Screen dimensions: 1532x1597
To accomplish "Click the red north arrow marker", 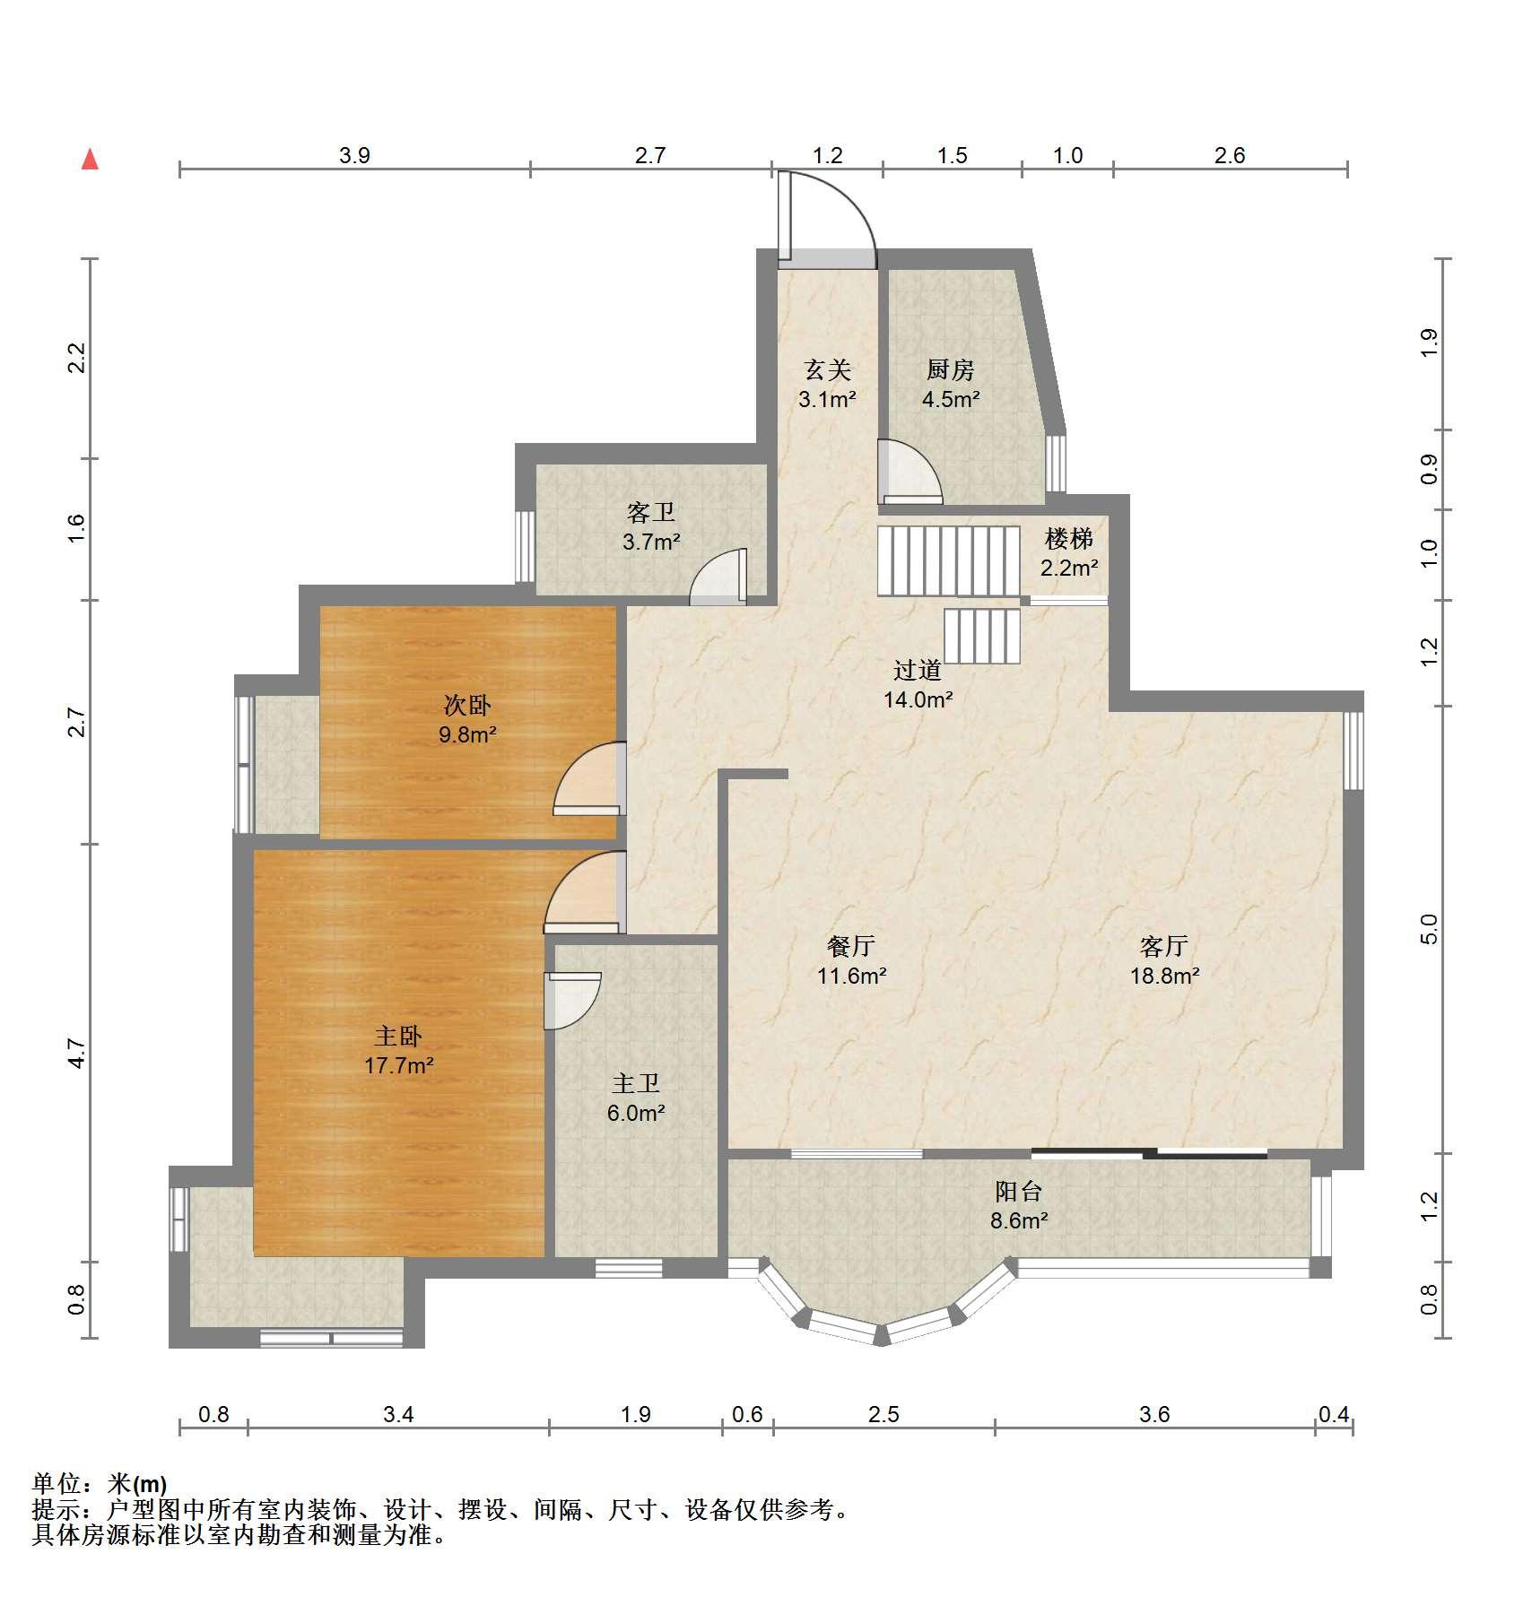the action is pyautogui.click(x=90, y=160).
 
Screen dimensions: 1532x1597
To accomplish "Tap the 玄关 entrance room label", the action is pyautogui.click(x=827, y=369).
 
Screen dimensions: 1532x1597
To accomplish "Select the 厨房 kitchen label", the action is pyautogui.click(x=951, y=369).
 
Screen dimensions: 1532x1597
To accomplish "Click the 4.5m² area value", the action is pyautogui.click(x=951, y=399).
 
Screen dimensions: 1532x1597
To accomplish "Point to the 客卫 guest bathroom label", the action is pyautogui.click(x=651, y=513).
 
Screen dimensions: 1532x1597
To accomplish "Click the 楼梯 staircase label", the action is pyautogui.click(x=1069, y=539).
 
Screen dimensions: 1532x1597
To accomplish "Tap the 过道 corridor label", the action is pyautogui.click(x=918, y=670).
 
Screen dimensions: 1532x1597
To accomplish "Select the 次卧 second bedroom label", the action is pyautogui.click(x=467, y=706).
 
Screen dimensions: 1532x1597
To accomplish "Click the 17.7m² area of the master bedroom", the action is pyautogui.click(x=399, y=1066).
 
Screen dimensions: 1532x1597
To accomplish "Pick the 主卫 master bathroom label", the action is pyautogui.click(x=636, y=1084).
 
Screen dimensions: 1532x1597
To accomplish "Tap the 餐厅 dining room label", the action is pyautogui.click(x=851, y=946).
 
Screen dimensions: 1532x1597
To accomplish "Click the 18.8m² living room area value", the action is pyautogui.click(x=1165, y=976).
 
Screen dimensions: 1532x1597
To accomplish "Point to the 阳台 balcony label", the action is pyautogui.click(x=1019, y=1192).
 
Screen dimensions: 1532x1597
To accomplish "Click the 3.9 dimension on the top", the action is pyautogui.click(x=354, y=155).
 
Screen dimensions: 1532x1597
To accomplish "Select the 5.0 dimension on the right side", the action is pyautogui.click(x=1429, y=929).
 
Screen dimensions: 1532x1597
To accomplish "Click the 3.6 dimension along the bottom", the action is pyautogui.click(x=1154, y=1414).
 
